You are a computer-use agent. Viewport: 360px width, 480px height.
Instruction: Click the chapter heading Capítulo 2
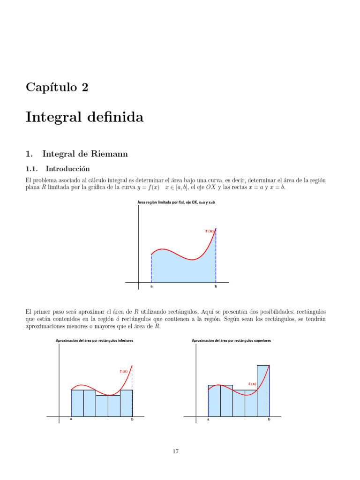click(57, 87)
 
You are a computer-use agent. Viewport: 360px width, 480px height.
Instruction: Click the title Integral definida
click(84, 117)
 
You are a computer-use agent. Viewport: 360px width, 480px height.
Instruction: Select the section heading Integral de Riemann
click(85, 153)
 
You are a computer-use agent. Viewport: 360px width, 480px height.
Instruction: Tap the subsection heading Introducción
click(66, 168)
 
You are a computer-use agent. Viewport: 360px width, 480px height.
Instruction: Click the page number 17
click(176, 451)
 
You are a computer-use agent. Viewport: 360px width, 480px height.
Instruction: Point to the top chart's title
click(176, 202)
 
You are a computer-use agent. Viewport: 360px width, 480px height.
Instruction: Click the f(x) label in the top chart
click(210, 231)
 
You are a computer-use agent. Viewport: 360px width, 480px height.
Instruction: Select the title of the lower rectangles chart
click(94, 341)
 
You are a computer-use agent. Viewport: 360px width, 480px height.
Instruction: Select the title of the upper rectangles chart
click(232, 341)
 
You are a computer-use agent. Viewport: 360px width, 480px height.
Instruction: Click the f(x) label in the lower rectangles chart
click(124, 371)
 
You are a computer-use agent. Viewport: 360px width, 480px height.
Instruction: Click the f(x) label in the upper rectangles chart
click(252, 384)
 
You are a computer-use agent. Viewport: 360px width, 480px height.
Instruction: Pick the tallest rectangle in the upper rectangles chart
click(263, 390)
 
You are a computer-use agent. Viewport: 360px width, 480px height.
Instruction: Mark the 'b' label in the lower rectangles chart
click(132, 420)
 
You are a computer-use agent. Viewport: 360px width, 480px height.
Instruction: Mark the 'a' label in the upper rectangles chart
click(208, 420)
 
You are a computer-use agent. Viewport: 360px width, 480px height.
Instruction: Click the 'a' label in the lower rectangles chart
click(71, 420)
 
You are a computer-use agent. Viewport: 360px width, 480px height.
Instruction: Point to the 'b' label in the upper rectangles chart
click(269, 420)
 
